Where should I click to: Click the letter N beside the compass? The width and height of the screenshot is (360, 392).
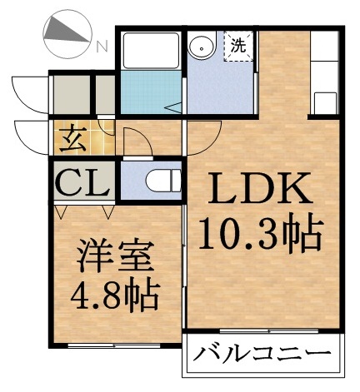[101, 47]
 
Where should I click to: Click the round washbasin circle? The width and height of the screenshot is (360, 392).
[200, 47]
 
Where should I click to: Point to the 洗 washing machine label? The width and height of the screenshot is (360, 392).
[238, 45]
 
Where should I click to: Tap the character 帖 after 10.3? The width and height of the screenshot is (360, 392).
[302, 237]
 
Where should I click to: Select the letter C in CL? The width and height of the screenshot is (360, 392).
[69, 181]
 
